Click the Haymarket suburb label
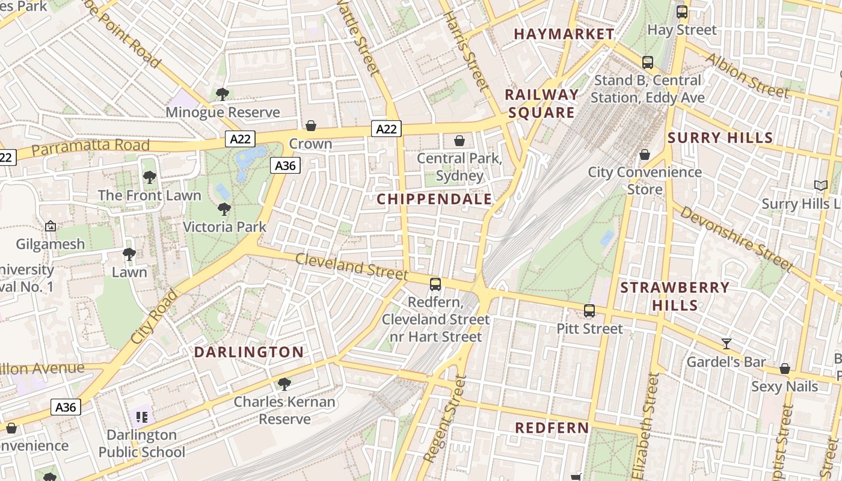[564, 34]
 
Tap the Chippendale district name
[434, 200]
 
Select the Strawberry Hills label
[675, 296]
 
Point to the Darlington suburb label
[249, 352]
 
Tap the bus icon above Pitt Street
[589, 311]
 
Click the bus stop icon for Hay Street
[682, 12]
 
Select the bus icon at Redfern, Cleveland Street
[435, 284]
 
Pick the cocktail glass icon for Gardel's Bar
[727, 344]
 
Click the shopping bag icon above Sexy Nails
[785, 369]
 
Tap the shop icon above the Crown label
[311, 126]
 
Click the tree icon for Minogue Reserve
[222, 94]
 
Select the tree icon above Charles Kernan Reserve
[284, 384]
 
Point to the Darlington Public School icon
[142, 416]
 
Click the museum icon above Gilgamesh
[51, 226]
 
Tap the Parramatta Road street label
[90, 146]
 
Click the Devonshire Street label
[737, 238]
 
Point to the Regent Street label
[445, 419]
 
